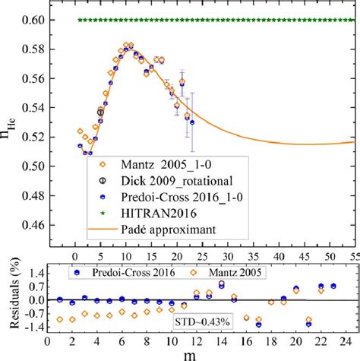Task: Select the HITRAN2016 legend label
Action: tap(156, 212)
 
